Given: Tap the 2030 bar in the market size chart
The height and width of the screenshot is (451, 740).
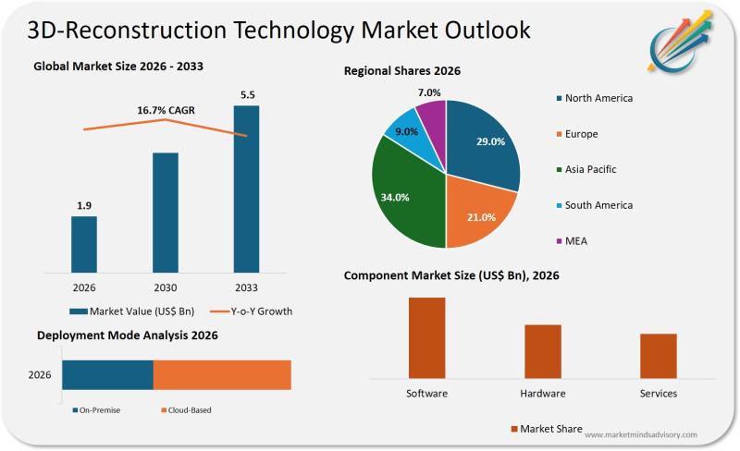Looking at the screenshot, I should click(x=166, y=213).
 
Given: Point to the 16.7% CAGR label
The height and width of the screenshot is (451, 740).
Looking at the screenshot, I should click(x=166, y=111).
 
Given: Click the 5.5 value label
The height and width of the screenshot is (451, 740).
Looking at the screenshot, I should click(x=246, y=94).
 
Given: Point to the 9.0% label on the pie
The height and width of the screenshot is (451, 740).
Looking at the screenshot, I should click(x=404, y=132).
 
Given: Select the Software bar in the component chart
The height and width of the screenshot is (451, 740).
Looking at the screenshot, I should click(x=426, y=337).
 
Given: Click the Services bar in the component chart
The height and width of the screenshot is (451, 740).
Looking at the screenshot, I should click(x=659, y=355).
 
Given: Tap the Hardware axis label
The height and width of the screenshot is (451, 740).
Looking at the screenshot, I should click(x=543, y=394).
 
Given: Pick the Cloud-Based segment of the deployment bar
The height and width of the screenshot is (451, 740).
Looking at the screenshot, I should click(x=222, y=375).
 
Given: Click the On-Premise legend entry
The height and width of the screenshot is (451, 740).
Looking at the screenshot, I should click(x=96, y=409).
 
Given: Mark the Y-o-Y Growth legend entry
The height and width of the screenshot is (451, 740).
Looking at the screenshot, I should click(x=253, y=311).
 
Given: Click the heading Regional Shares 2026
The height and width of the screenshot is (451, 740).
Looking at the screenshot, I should click(x=402, y=71).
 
